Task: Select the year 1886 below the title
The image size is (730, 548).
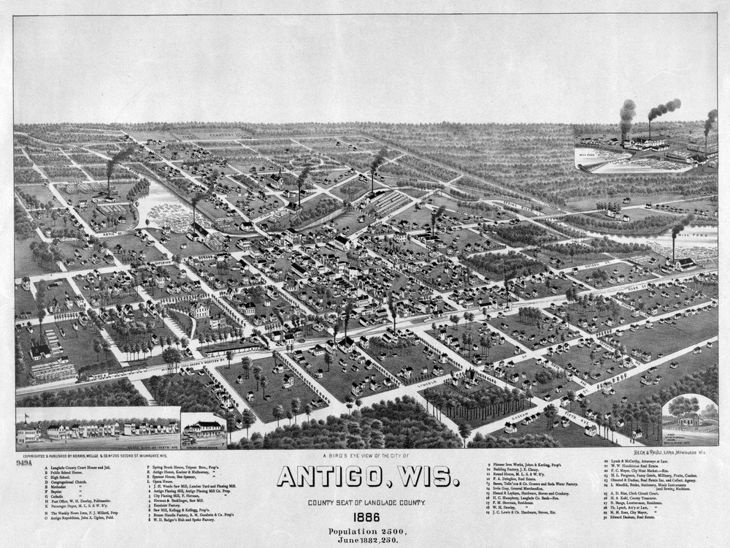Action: pyautogui.click(x=367, y=516)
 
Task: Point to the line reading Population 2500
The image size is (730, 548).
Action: pyautogui.click(x=367, y=530)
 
